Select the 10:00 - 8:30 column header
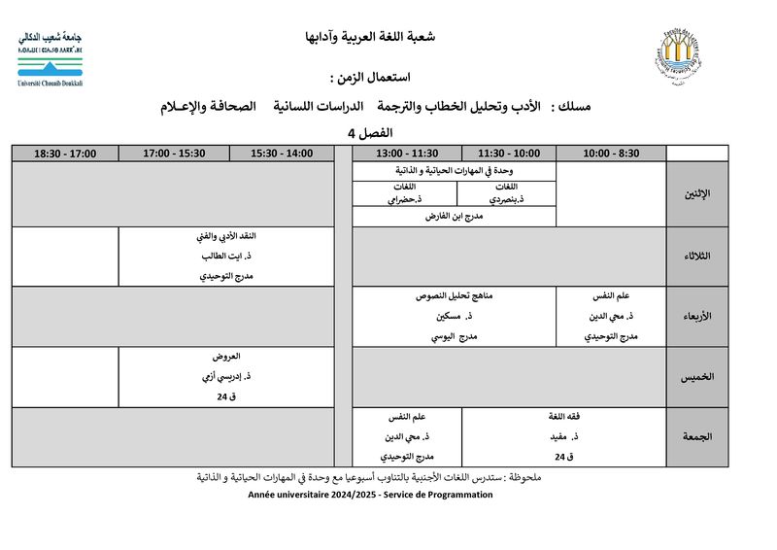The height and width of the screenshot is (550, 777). pyautogui.click(x=611, y=153)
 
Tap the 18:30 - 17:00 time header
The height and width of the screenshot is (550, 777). pyautogui.click(x=65, y=153)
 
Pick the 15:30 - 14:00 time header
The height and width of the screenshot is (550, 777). pyautogui.click(x=282, y=153)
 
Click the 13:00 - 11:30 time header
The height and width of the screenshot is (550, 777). pyautogui.click(x=407, y=153)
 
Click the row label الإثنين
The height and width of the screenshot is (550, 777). pyautogui.click(x=697, y=194)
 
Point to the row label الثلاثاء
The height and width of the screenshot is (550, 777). pyautogui.click(x=696, y=256)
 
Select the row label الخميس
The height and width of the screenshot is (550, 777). pyautogui.click(x=696, y=377)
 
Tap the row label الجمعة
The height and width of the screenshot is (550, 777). pyautogui.click(x=696, y=437)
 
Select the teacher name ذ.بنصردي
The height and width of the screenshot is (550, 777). pyautogui.click(x=508, y=199)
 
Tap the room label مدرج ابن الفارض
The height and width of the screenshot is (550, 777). pyautogui.click(x=455, y=217)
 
